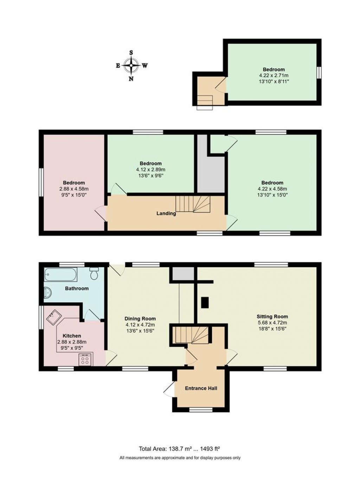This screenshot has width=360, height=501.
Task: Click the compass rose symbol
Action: (x=131, y=65)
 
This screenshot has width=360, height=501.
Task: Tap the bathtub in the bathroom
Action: (x=61, y=275)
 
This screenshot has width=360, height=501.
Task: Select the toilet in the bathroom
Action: (x=94, y=273)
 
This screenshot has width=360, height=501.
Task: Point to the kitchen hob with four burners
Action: (x=85, y=359)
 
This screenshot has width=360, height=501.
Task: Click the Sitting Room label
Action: (x=272, y=316)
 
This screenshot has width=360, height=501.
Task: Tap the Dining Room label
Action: (x=140, y=319)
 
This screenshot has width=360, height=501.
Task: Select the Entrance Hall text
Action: (x=201, y=388)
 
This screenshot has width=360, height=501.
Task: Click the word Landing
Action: (x=166, y=213)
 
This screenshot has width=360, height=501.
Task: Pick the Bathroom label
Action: (x=77, y=288)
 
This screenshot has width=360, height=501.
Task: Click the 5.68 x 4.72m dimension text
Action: (x=272, y=323)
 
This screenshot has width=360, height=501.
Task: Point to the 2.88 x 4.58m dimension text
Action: (x=74, y=189)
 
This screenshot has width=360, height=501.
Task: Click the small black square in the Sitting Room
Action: (x=205, y=302)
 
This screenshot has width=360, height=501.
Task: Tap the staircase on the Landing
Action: (x=193, y=204)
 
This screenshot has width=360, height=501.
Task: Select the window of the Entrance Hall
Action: (x=201, y=410)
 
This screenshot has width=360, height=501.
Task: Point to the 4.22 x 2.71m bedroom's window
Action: (x=319, y=72)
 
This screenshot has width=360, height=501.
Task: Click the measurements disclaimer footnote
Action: (x=180, y=458)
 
